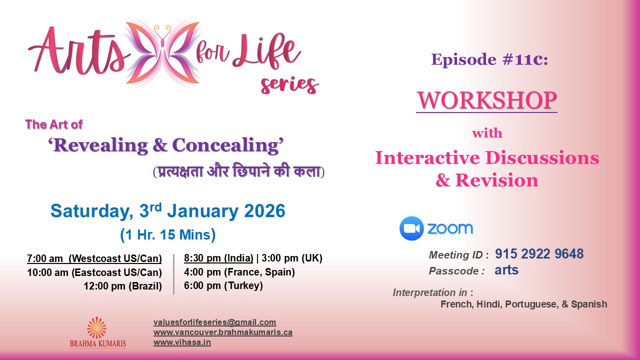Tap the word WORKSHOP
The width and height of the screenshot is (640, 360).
point(486,100)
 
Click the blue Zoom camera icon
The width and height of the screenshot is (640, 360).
point(411,228)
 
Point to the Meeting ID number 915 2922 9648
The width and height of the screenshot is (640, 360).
point(539,254)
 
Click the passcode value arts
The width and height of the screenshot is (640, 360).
point(506,270)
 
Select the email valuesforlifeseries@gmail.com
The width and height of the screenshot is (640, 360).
point(214,322)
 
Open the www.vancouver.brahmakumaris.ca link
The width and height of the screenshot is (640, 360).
point(222,332)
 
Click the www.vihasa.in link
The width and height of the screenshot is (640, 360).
point(182,342)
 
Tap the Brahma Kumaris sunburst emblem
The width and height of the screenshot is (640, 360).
point(96,327)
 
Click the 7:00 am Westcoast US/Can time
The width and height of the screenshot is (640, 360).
point(94,258)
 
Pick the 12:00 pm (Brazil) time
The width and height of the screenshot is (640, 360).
point(122,286)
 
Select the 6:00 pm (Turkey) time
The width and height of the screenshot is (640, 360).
point(223,286)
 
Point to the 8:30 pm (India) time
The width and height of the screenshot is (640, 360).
point(217,258)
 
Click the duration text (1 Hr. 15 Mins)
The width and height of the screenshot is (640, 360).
point(167,234)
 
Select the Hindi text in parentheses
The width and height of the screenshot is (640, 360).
point(238,171)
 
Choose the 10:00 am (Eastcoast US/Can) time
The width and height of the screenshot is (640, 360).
point(94,272)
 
